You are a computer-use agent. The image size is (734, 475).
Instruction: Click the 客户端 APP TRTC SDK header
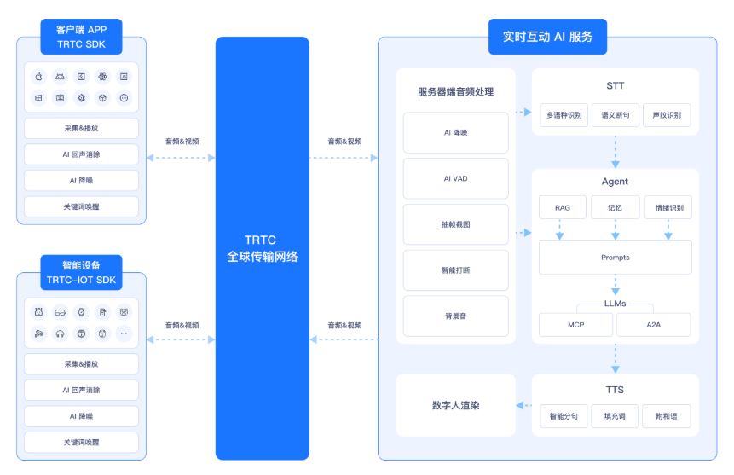[x=81, y=37]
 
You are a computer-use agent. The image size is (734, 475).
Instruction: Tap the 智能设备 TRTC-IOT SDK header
[x=81, y=272]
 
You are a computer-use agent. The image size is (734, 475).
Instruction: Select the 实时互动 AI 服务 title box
[x=547, y=37]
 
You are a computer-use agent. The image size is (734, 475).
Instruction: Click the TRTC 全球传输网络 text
[x=263, y=248]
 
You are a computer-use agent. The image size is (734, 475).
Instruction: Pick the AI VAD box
[x=455, y=178]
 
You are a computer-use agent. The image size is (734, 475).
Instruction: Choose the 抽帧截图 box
[x=455, y=224]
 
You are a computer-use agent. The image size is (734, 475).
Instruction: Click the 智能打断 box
[x=455, y=270]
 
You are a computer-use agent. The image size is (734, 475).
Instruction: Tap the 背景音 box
[x=455, y=316]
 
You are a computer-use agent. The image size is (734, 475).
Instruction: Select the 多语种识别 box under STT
[x=564, y=115]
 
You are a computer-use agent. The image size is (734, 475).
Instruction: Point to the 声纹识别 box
[x=667, y=115]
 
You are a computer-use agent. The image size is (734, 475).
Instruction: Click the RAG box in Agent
[x=563, y=207]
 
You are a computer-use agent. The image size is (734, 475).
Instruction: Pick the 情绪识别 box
[x=668, y=207]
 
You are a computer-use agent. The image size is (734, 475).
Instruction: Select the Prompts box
[x=616, y=258]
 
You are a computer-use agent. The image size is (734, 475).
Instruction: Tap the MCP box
[x=575, y=325]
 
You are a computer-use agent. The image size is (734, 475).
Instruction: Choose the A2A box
[x=654, y=325]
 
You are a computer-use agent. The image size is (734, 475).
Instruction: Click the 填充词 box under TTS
[x=615, y=416]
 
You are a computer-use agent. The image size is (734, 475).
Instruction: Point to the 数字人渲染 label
[x=455, y=406]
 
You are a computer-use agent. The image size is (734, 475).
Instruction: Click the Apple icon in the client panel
[x=39, y=77]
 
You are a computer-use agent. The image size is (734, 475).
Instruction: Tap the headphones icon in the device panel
[x=60, y=333]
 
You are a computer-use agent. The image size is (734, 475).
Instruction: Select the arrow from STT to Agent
[x=616, y=152]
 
